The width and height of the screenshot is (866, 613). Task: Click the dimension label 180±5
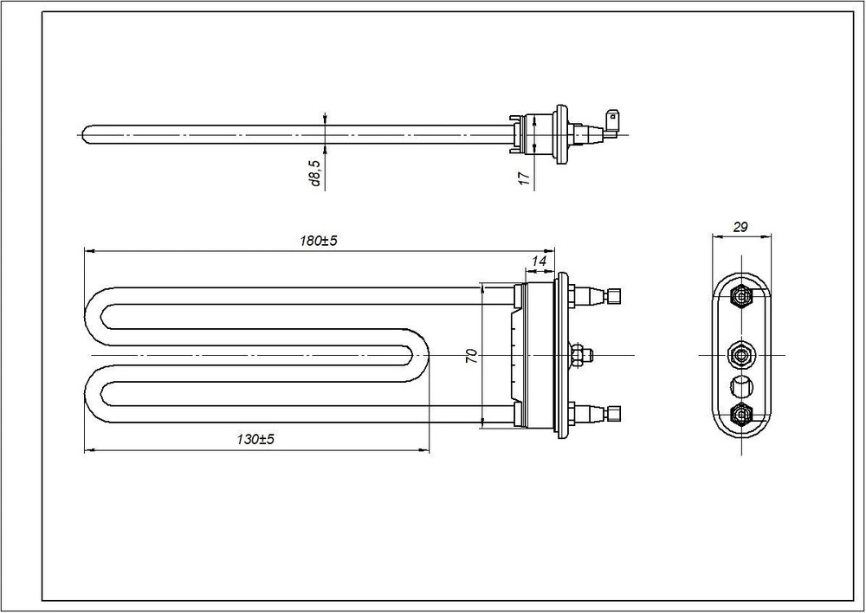point(318,242)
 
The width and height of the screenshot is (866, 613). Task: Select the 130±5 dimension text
point(255,440)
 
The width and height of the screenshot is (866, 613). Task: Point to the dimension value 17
point(525,177)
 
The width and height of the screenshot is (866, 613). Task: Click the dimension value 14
point(539,261)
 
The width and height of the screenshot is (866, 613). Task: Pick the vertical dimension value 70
point(472,356)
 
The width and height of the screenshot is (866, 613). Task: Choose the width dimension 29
point(740,227)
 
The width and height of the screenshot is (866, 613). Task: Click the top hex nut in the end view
point(740,297)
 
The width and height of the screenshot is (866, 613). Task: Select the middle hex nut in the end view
point(740,353)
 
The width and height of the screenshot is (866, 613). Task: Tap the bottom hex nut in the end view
point(740,414)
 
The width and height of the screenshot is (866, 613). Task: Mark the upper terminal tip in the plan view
point(613,296)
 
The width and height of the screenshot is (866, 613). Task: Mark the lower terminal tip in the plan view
point(613,414)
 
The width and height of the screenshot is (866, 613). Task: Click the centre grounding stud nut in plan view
point(578,354)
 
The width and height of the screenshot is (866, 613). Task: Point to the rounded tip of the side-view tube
point(84,134)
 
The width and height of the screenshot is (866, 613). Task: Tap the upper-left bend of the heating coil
point(94,316)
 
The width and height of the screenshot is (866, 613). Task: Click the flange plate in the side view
point(560,134)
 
